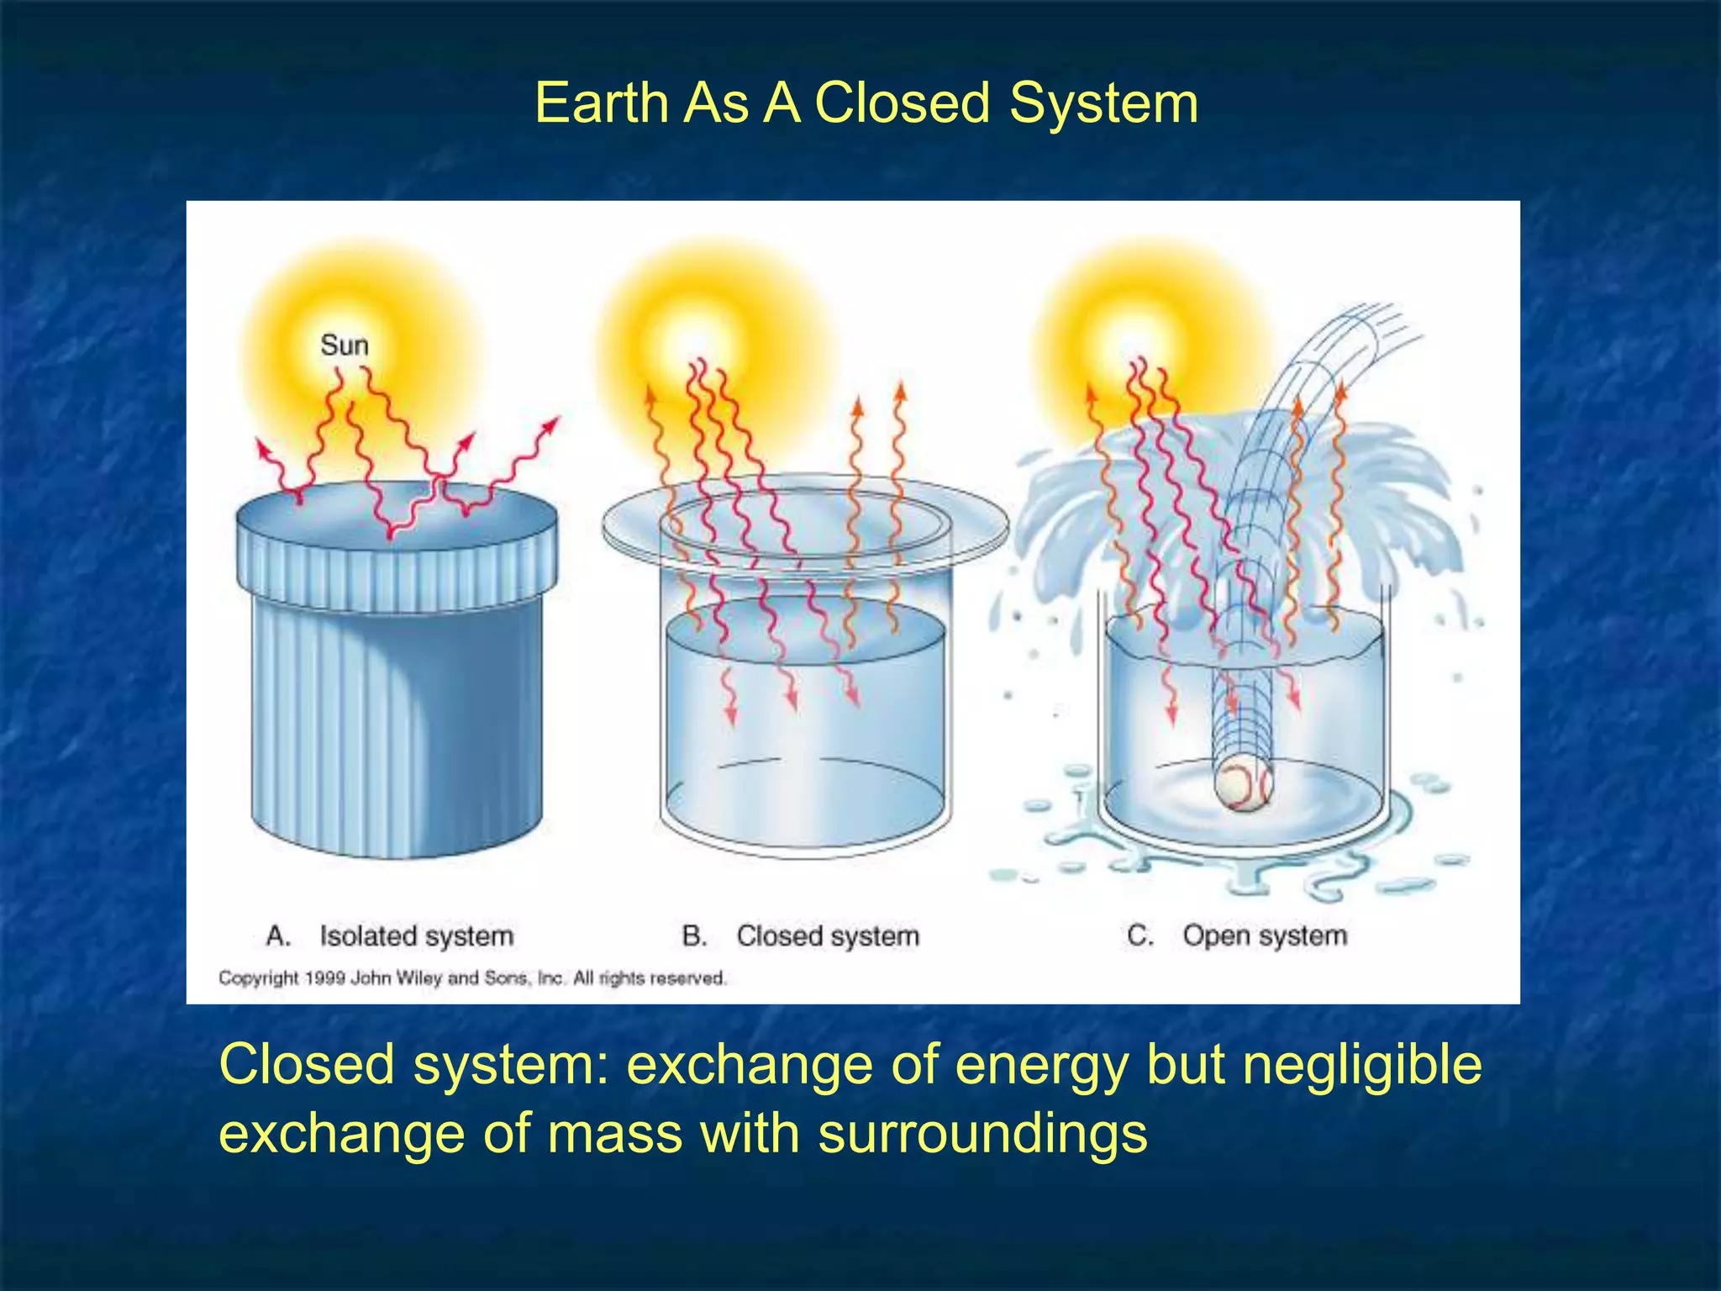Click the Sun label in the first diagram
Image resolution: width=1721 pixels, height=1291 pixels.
click(344, 345)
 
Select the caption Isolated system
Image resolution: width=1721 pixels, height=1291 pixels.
click(416, 935)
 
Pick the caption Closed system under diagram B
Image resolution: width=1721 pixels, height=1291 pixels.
click(828, 935)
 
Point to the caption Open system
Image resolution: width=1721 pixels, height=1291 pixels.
click(1264, 935)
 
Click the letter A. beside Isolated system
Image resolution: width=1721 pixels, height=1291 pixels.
click(278, 935)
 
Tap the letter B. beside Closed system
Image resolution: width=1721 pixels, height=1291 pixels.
click(694, 935)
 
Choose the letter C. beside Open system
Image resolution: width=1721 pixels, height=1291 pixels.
click(1139, 935)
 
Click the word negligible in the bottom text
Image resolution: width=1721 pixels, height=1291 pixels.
click(1361, 1066)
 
